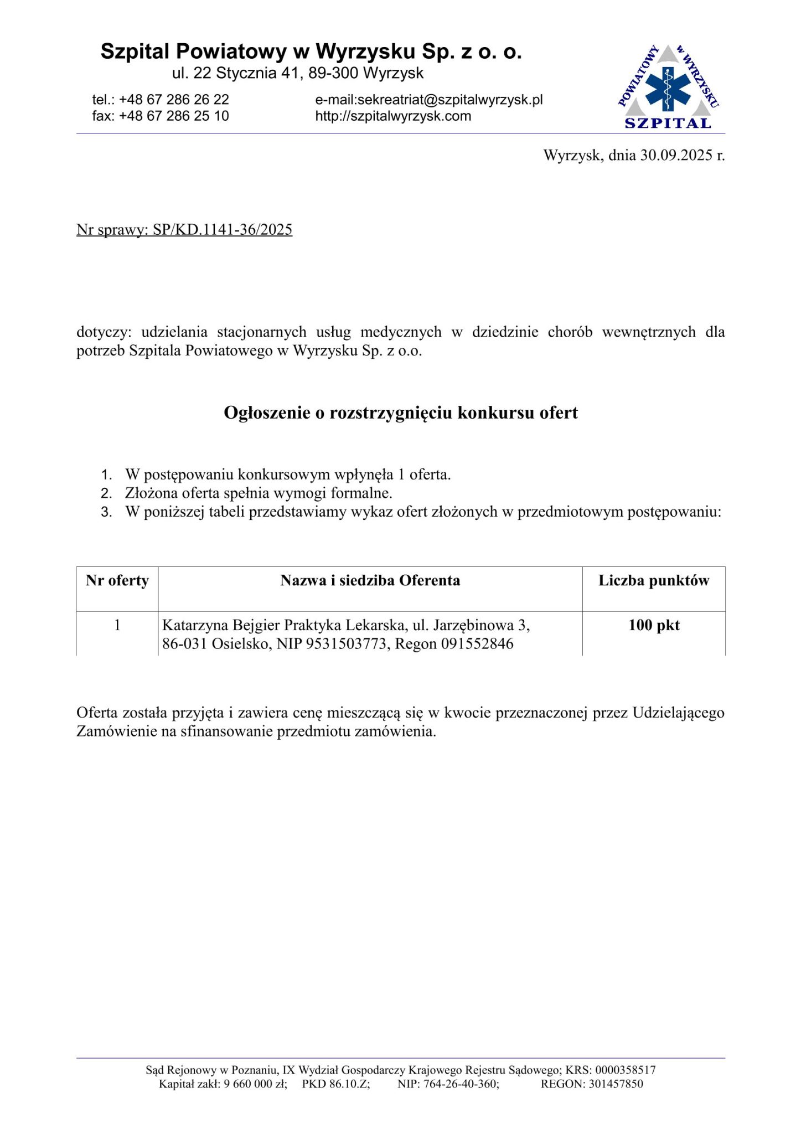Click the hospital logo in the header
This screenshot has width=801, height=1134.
(668, 87)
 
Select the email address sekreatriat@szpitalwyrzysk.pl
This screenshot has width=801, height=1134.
(449, 100)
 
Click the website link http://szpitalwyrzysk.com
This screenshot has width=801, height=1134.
(393, 116)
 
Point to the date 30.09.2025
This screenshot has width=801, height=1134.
(676, 155)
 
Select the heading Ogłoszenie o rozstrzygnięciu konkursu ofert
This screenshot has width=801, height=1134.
(400, 413)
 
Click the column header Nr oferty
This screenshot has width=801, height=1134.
(117, 581)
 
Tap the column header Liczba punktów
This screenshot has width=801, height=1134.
(653, 581)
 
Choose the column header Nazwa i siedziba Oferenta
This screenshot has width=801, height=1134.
(370, 581)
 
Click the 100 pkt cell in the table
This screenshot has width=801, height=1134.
(653, 626)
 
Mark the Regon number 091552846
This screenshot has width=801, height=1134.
(477, 644)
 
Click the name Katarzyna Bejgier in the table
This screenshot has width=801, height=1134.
(221, 626)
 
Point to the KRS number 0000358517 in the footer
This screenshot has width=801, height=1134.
(625, 1070)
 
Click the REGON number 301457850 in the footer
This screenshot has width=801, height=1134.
(616, 1084)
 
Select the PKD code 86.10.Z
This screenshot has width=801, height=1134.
(349, 1084)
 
